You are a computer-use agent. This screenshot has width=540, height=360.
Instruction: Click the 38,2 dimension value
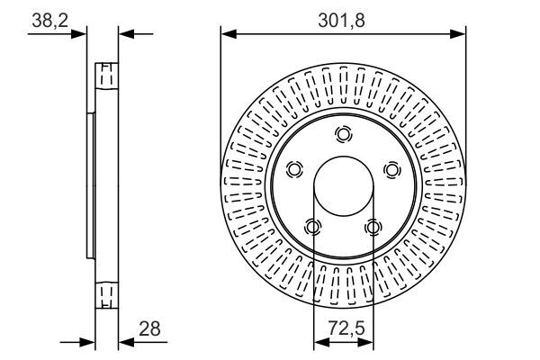(x=49, y=21)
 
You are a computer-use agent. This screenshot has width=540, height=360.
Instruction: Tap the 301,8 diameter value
(x=341, y=21)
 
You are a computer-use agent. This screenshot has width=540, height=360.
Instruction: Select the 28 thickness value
(x=149, y=328)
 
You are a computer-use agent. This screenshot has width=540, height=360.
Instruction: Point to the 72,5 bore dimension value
(x=346, y=328)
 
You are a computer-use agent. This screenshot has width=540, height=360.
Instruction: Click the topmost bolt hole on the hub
(x=344, y=134)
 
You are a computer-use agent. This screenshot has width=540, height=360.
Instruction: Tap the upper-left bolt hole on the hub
(x=294, y=169)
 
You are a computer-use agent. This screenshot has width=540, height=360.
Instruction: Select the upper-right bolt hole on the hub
(x=392, y=169)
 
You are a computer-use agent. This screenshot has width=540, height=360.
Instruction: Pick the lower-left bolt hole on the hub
(x=313, y=227)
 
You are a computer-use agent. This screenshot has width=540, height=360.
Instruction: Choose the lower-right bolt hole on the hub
(x=373, y=227)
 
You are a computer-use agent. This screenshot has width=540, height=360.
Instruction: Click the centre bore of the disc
(x=344, y=186)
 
